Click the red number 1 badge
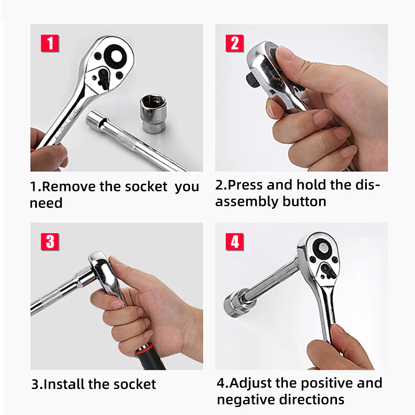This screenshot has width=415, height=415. pyautogui.click(x=50, y=44)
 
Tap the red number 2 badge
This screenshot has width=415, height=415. pyautogui.click(x=234, y=44)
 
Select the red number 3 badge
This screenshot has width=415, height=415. pyautogui.click(x=50, y=242)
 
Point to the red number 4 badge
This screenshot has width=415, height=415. pyautogui.click(x=234, y=242)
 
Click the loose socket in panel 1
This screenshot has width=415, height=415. pyautogui.click(x=153, y=113)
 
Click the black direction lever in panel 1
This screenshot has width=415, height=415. pyautogui.click(x=104, y=78)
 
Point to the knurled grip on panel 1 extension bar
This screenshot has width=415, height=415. pyautogui.click(x=127, y=140)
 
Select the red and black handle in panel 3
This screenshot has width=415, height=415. pyautogui.click(x=149, y=356)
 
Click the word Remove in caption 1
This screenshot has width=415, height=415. pyautogui.click(x=69, y=187)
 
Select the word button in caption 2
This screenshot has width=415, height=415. pyautogui.click(x=304, y=202)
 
